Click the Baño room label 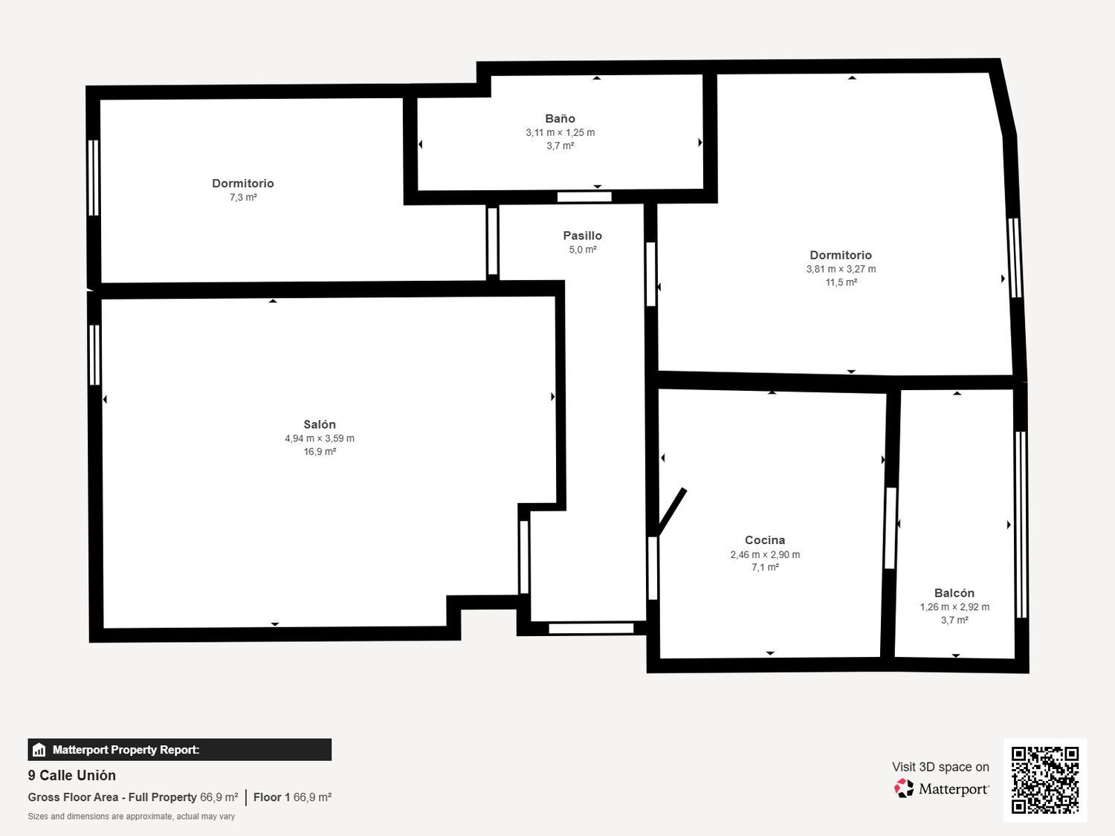point(560,118)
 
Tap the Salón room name point(320,424)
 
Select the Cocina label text point(765,540)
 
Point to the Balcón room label point(954,593)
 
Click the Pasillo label point(582,236)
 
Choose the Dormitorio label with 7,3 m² point(243,184)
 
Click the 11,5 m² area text point(841,282)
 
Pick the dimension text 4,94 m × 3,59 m point(320,438)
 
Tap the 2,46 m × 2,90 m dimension point(765,554)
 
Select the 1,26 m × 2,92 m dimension point(954,607)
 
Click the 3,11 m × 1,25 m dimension point(560,132)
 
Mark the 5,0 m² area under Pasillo point(583,250)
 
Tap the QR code point(1044,780)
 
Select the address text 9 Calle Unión point(72,775)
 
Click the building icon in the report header point(39,750)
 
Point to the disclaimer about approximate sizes point(132,816)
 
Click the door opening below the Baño point(584,197)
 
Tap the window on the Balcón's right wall point(1021,524)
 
